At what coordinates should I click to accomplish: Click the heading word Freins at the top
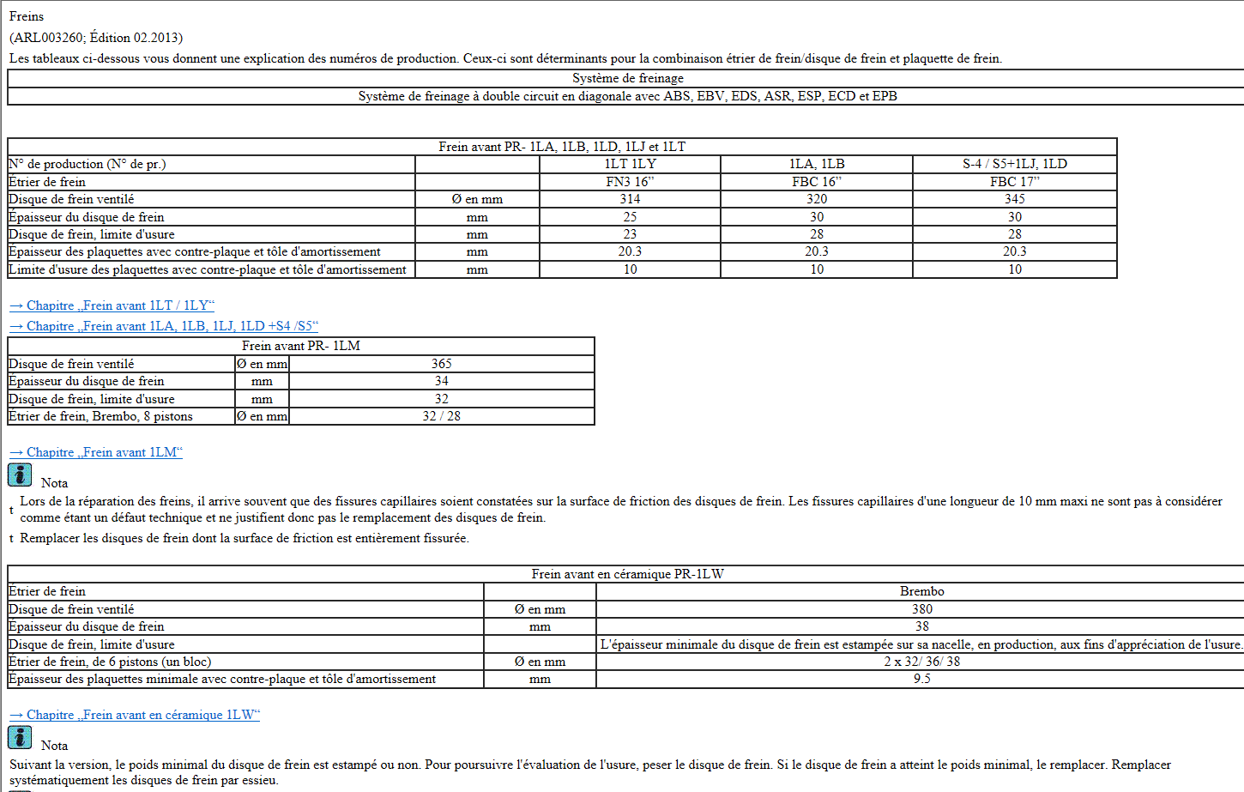click(x=27, y=16)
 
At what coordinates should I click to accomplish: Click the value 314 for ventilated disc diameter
click(x=630, y=199)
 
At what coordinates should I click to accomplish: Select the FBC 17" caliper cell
click(x=1014, y=182)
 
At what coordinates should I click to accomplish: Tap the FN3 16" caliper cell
click(x=630, y=182)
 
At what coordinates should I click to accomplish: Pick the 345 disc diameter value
click(x=1014, y=199)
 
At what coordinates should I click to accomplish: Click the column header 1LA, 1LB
click(x=817, y=164)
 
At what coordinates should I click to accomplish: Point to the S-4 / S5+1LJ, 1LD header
click(x=1014, y=164)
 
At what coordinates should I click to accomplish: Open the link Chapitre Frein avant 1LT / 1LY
click(x=112, y=305)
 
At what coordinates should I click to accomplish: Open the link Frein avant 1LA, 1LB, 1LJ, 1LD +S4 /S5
click(x=164, y=326)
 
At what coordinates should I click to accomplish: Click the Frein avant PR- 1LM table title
click(x=300, y=346)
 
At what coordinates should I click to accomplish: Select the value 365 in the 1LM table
click(x=441, y=364)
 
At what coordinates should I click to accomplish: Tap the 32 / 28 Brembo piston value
click(x=441, y=416)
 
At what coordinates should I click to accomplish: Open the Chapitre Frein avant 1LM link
click(x=96, y=452)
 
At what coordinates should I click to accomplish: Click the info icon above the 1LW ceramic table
click(x=20, y=475)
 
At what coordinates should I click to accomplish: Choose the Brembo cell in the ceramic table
click(x=921, y=591)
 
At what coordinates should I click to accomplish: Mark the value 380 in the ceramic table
click(x=921, y=609)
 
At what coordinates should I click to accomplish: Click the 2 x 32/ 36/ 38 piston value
click(x=921, y=662)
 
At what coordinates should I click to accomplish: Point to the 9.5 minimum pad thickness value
click(x=921, y=679)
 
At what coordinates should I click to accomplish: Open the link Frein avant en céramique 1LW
click(x=135, y=715)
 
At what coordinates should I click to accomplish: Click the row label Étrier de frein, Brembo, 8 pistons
click(x=100, y=416)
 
